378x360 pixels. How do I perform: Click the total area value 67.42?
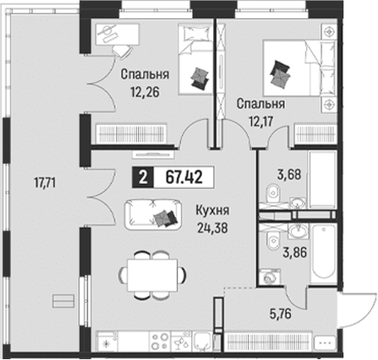coord(184,178)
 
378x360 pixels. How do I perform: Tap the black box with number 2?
coord(143,178)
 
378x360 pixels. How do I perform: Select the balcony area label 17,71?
coord(45,183)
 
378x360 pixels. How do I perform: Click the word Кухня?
coord(212,211)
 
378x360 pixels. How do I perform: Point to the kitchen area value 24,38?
coord(212,228)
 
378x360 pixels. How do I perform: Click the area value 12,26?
coord(145,92)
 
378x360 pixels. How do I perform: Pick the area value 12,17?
coord(261,121)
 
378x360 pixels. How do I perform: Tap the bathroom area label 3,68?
coord(289,174)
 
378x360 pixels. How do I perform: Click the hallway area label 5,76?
coord(280,314)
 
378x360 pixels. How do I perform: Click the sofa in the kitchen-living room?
coord(154,214)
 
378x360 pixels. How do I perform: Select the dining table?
coord(153,275)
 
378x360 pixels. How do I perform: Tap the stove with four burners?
coord(161,341)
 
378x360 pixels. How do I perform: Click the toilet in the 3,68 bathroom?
coord(273,193)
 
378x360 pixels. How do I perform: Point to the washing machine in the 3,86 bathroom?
coord(270,277)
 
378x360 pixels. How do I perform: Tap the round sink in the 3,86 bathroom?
coord(298,231)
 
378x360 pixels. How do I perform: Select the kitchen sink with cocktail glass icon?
coord(181,341)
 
